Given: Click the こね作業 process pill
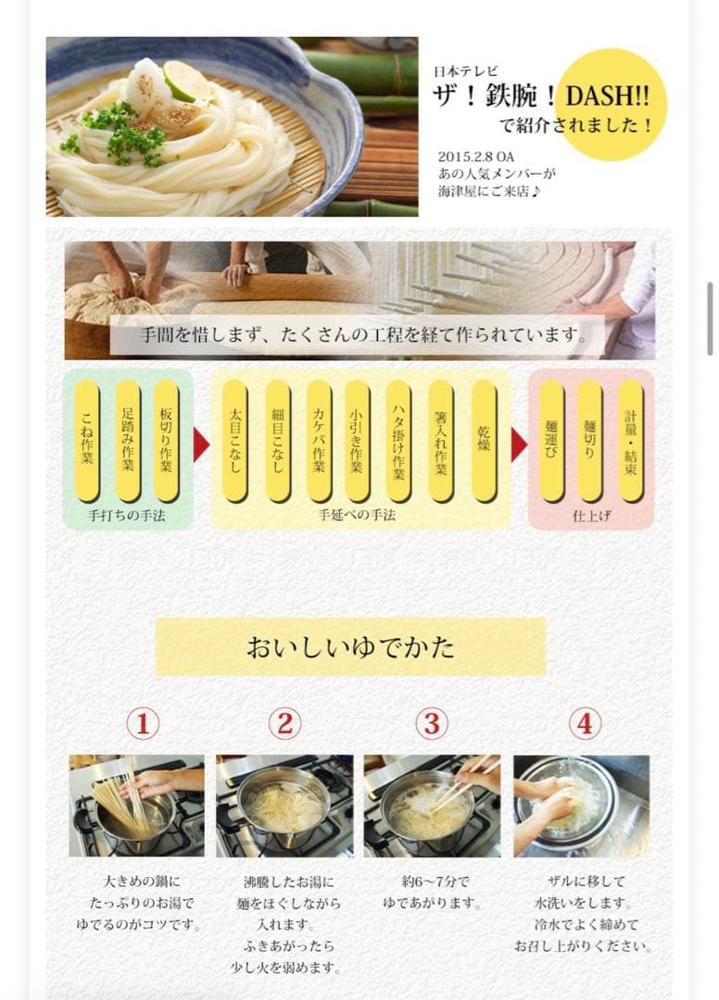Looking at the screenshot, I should pyautogui.click(x=87, y=440).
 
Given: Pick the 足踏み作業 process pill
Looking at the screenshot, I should pyautogui.click(x=128, y=440).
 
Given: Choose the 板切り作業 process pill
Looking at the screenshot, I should pyautogui.click(x=167, y=440).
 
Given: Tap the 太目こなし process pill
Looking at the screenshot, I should pyautogui.click(x=235, y=440).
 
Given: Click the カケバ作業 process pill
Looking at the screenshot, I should pyautogui.click(x=319, y=440).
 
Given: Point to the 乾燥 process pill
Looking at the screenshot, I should pyautogui.click(x=484, y=440).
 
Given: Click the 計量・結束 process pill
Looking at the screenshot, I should pyautogui.click(x=631, y=440).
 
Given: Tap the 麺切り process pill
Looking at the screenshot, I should pyautogui.click(x=590, y=440).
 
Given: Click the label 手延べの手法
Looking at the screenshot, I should pyautogui.click(x=357, y=515).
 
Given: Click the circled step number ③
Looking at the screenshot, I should pyautogui.click(x=431, y=723).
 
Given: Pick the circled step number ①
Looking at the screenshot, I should pyautogui.click(x=142, y=723).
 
